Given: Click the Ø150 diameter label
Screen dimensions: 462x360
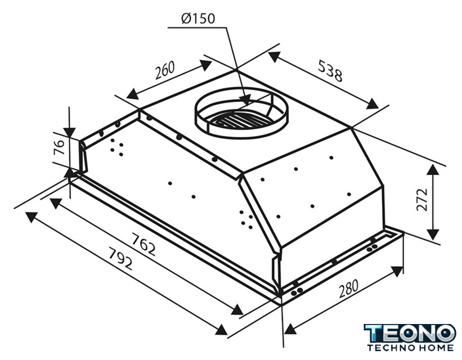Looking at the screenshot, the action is [198, 19].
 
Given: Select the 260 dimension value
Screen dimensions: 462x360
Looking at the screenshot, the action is [165, 70].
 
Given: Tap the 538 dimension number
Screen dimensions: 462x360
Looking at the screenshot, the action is [330, 71].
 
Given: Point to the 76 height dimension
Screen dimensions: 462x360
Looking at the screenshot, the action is [59, 147].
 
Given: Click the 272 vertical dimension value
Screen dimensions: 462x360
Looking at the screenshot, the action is [422, 200].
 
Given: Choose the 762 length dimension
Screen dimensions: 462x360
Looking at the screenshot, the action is [143, 244].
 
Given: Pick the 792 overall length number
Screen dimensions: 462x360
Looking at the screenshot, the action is [121, 259].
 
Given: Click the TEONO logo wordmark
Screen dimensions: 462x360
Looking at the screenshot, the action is [410, 334].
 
